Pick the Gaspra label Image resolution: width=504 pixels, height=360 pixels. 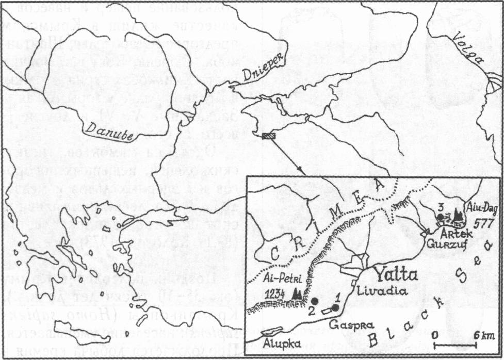click(343, 324)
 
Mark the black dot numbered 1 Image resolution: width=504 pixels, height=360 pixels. click(335, 308)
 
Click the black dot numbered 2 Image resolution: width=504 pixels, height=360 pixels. click(314, 301)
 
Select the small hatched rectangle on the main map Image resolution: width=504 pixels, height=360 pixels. click(270, 136)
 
